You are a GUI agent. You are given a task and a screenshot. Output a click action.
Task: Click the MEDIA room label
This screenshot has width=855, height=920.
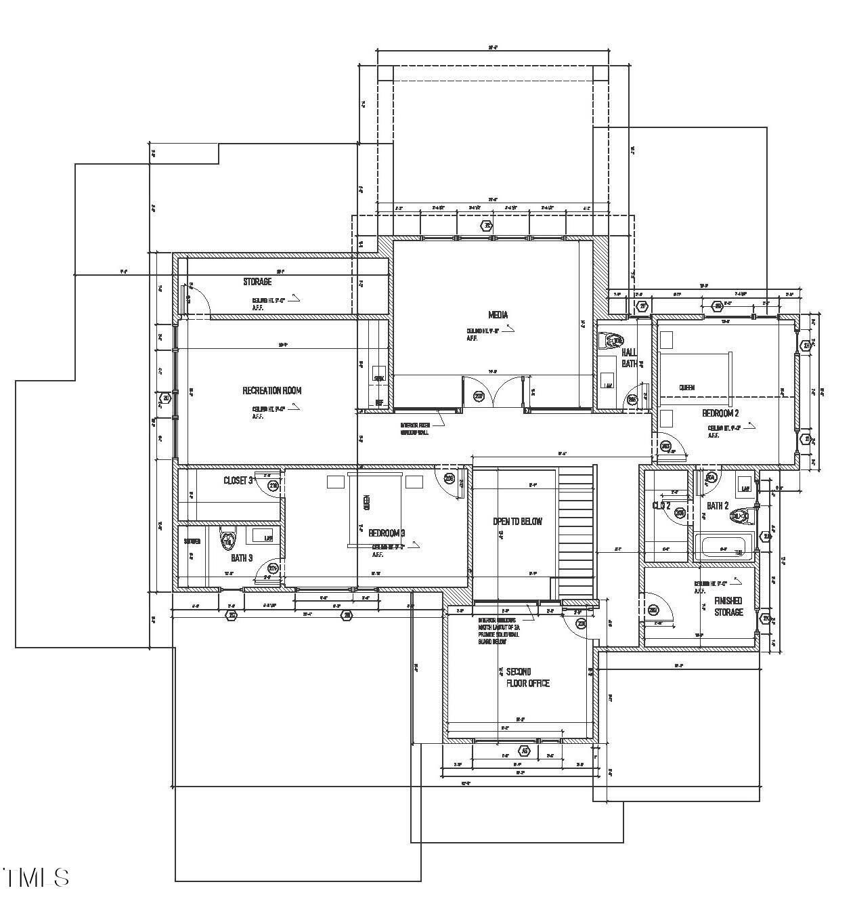(498, 314)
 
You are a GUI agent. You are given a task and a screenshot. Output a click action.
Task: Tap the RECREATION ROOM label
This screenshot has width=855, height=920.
(272, 390)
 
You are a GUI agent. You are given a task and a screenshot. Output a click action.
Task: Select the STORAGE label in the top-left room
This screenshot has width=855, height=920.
(257, 281)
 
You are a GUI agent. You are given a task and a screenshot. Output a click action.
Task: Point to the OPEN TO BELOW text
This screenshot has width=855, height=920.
(517, 521)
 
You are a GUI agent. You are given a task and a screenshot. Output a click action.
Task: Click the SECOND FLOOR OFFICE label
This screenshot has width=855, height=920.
(528, 677)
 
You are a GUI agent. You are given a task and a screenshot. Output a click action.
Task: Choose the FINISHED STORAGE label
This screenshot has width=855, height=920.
(728, 606)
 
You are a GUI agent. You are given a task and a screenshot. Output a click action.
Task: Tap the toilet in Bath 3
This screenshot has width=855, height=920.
(227, 541)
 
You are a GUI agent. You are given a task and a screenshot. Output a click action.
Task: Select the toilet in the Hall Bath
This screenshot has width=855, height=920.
(613, 341)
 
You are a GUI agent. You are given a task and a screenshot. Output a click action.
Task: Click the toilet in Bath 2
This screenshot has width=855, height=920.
(741, 516)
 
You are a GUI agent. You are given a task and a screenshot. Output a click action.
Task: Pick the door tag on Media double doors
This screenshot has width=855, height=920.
(479, 396)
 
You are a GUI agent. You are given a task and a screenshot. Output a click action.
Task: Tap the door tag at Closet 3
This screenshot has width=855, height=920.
(273, 486)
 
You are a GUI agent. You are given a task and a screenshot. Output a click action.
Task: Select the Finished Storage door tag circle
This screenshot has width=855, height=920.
(653, 610)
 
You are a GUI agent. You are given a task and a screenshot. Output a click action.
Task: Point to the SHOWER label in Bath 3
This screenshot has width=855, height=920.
(192, 541)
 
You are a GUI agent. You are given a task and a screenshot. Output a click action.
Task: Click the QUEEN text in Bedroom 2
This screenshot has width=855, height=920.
(686, 388)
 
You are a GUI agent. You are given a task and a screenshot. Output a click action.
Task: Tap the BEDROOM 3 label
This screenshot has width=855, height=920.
(387, 532)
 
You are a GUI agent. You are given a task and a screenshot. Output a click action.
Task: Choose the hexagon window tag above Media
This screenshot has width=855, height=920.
(486, 226)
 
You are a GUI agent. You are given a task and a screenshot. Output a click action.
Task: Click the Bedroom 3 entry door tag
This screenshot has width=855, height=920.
(449, 478)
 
